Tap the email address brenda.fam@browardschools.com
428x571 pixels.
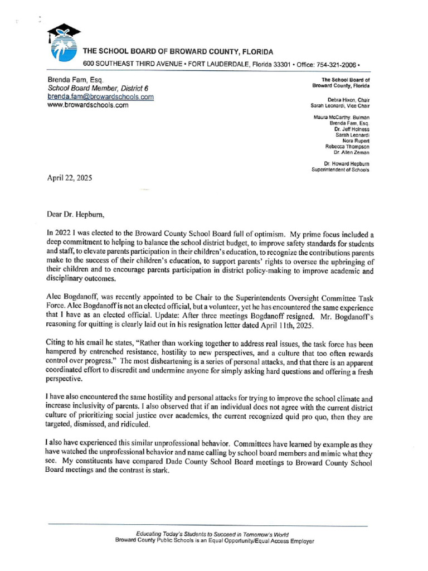point(101,96)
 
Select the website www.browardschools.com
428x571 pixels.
point(88,105)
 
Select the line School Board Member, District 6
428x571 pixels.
point(98,88)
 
